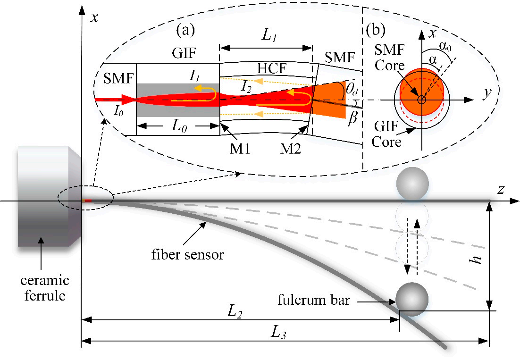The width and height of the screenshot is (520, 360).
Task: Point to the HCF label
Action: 269,69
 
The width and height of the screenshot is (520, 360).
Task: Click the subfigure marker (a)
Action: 185,31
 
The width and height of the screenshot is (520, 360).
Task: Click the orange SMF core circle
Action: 421,92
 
